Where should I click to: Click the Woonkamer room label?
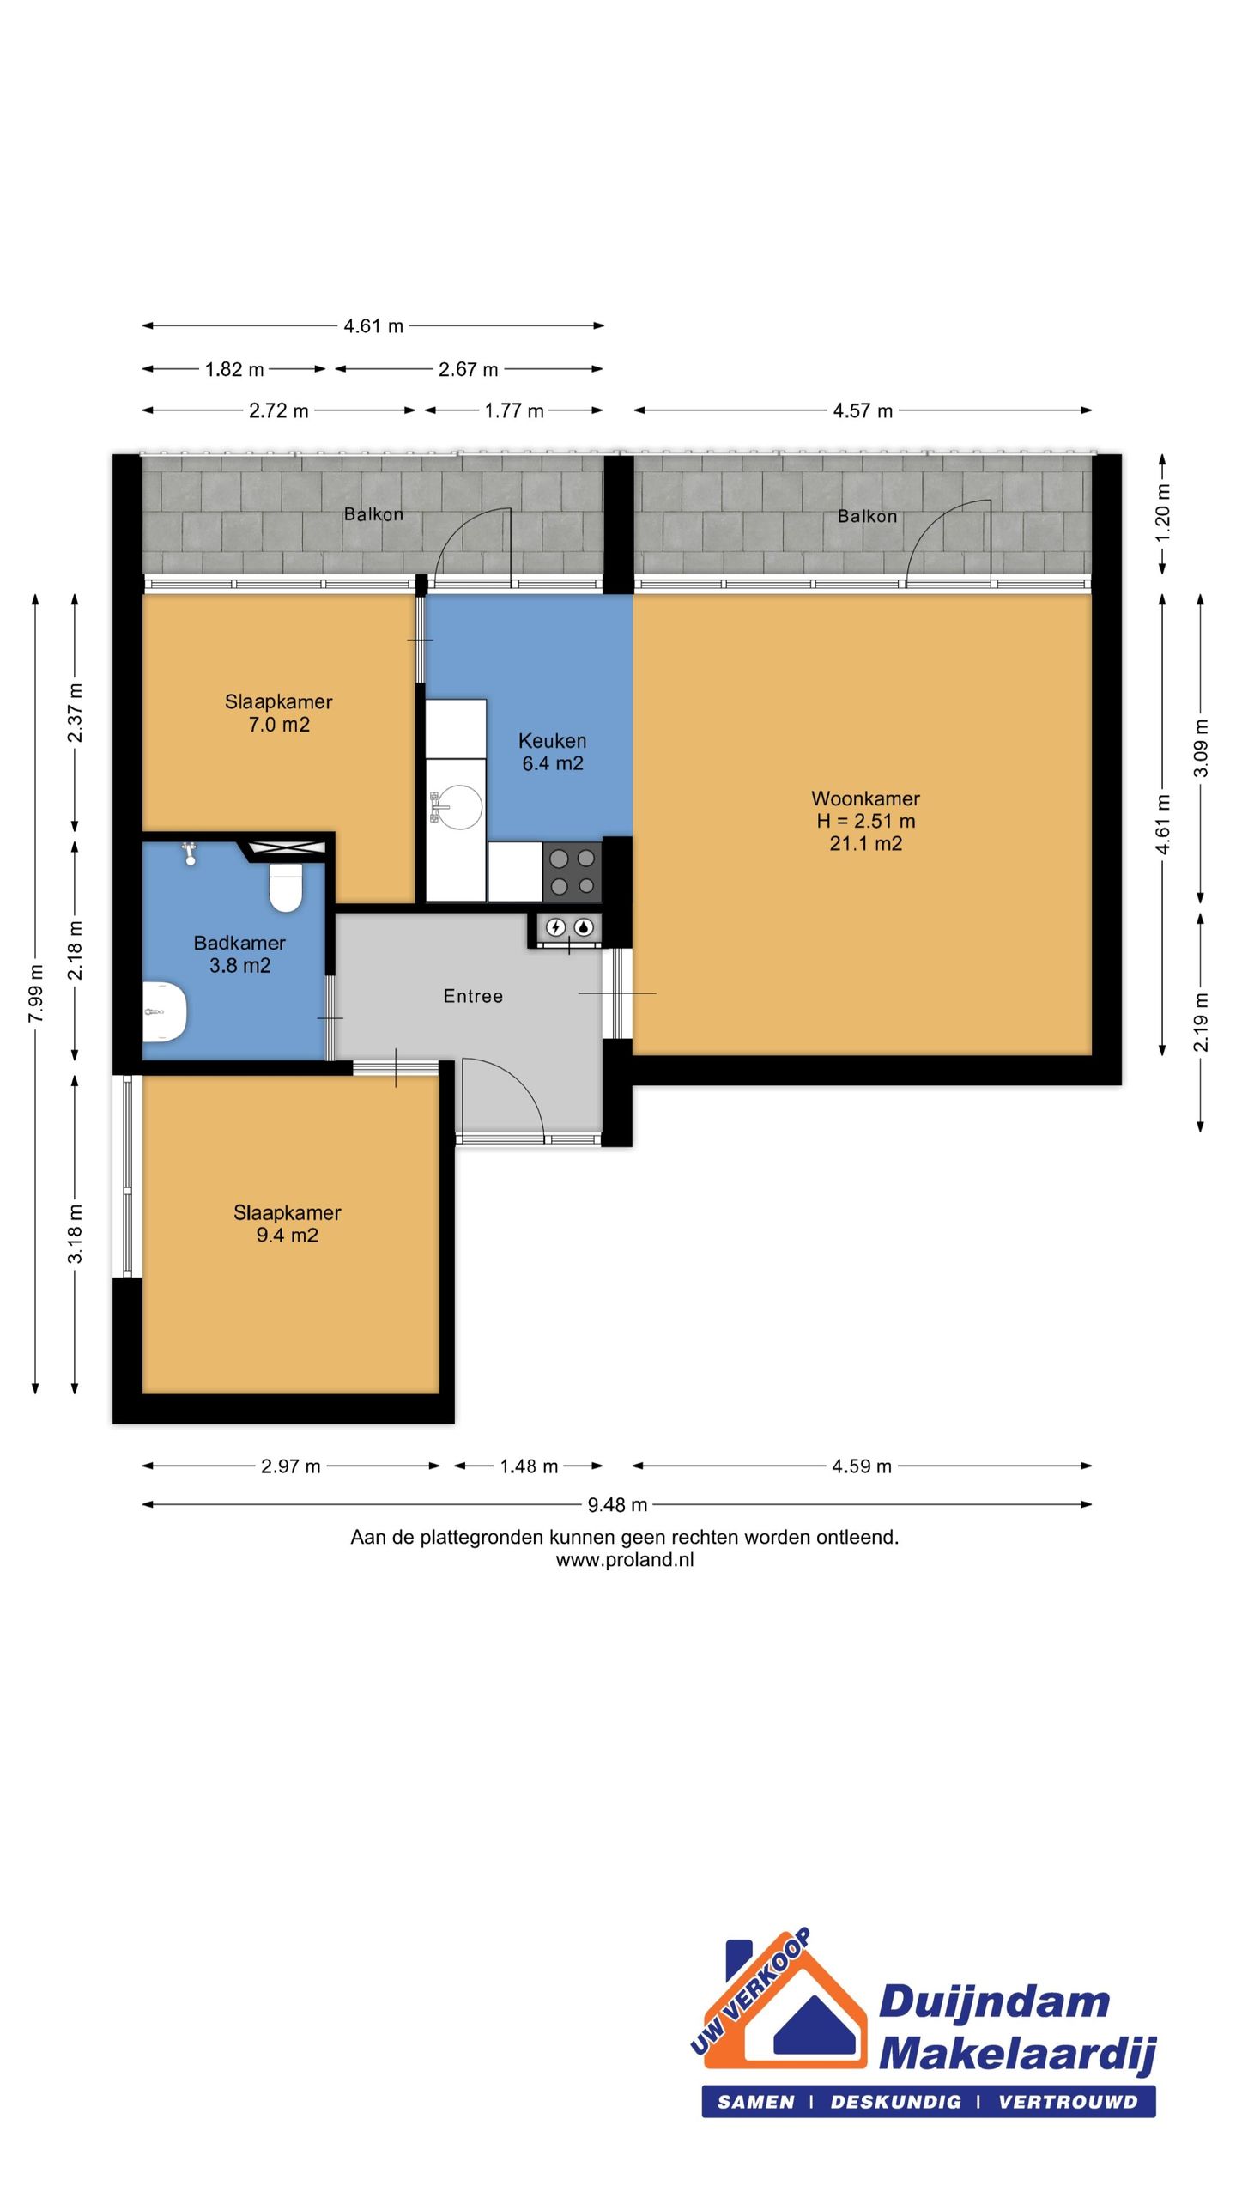[865, 798]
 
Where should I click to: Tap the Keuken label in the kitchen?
[552, 740]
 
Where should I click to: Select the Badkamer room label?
[239, 943]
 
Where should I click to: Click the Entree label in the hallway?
[473, 996]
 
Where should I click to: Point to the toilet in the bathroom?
[286, 887]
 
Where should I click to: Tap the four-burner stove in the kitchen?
[573, 871]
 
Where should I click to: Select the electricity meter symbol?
[555, 927]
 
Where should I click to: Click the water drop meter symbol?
[584, 927]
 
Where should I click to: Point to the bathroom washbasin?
[164, 1011]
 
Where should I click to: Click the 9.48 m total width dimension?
[617, 1504]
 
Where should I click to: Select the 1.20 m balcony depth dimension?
[1163, 513]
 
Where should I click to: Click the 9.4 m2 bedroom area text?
[288, 1236]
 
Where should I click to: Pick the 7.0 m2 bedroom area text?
[279, 725]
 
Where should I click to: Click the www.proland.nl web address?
[625, 1560]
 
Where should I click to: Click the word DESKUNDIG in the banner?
[895, 2102]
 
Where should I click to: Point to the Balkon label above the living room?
[867, 516]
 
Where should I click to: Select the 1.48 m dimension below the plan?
[529, 1466]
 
